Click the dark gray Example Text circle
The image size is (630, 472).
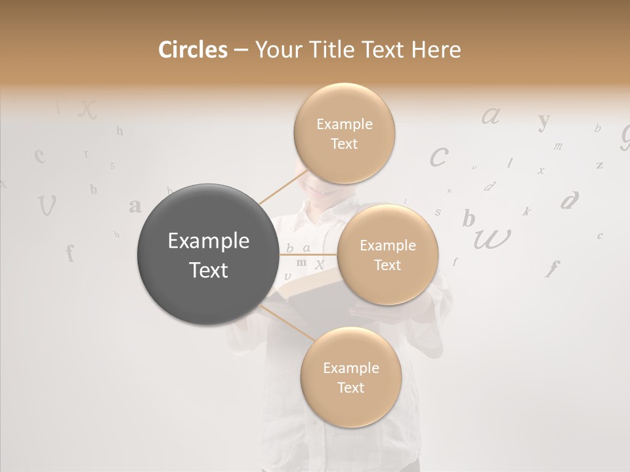coord(208,255)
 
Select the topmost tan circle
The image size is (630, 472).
coord(344,134)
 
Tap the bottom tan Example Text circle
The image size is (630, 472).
coord(350,378)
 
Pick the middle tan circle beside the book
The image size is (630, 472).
coord(387,255)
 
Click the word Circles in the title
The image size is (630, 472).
coord(193,50)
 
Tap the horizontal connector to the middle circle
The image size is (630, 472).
coord(308,254)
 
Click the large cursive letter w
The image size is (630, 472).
coord(492,239)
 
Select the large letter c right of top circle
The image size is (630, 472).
coord(439,157)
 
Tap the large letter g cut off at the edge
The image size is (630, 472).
coord(625,136)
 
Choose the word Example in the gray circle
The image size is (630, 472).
coord(208,241)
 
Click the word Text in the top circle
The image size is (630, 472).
coord(344,144)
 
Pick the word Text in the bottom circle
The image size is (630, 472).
coord(350,387)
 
